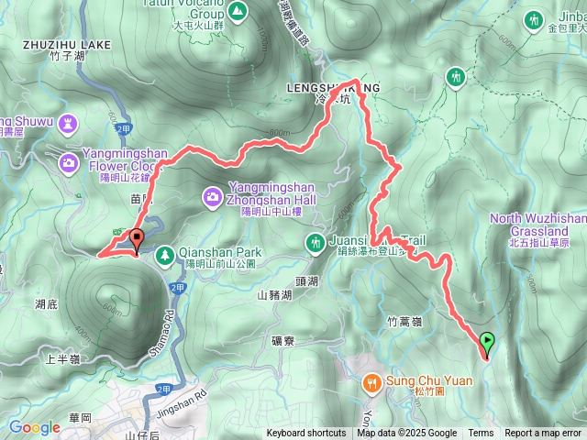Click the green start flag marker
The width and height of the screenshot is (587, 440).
point(486,344)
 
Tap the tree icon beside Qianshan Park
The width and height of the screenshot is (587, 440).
point(164,253)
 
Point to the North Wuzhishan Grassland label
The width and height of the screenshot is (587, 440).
point(537,225)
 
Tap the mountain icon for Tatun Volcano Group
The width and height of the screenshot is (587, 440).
point(237,12)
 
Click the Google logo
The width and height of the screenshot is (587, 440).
point(35,427)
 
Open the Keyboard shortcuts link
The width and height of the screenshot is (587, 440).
point(306,434)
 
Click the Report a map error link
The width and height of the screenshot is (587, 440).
point(543,434)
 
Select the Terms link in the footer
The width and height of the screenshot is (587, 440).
point(481,434)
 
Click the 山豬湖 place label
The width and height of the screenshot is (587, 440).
point(274,295)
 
